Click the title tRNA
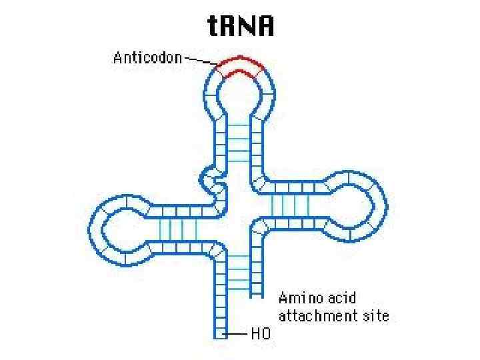240,27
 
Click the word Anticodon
147,58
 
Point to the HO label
261,334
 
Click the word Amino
298,297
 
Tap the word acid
341,297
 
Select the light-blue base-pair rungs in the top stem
239,143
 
